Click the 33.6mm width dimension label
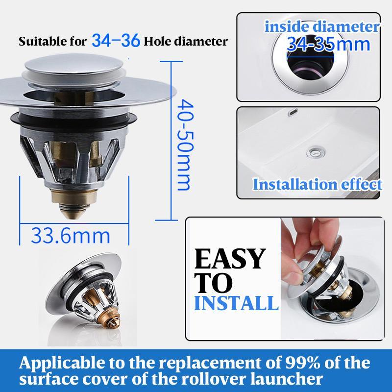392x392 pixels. (x=71, y=235)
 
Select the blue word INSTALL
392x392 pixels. (x=236, y=302)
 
